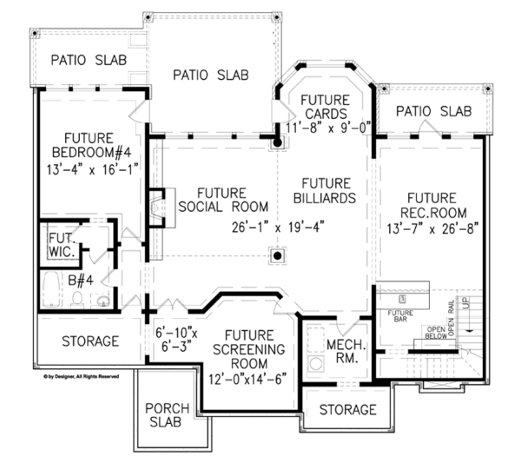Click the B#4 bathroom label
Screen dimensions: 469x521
click(82, 280)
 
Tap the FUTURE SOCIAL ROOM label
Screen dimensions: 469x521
click(221, 199)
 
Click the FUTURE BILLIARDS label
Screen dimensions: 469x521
click(326, 190)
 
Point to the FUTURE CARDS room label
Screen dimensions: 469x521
click(325, 107)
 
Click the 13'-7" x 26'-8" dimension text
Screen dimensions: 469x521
click(436, 228)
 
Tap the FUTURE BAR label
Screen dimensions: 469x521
click(399, 315)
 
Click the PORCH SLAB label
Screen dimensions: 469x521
click(162, 415)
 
